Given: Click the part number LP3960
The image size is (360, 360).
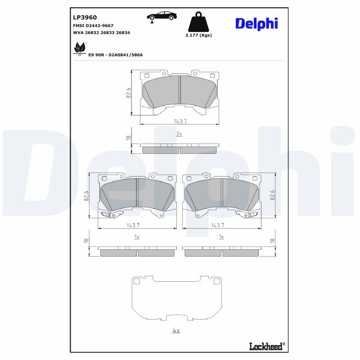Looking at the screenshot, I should pos(85,18).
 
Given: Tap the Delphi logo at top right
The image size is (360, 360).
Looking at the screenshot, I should pos(256,23).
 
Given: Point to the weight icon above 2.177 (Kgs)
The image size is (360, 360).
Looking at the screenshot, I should pos(198,22).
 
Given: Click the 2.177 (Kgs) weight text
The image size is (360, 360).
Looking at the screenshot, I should pos(198,35).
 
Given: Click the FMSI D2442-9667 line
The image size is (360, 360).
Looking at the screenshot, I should pos(93,26).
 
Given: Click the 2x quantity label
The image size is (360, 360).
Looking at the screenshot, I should pos(179,134).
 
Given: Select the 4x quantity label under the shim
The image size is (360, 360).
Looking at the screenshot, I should pos(176,330).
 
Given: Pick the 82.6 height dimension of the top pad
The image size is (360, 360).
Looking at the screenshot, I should pos(128,93).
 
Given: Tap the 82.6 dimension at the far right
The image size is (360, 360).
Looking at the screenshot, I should pos(273,196).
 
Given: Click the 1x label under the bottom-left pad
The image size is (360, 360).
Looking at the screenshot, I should pos(137,237).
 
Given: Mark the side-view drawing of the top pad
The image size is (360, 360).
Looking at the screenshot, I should pos(180,148).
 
